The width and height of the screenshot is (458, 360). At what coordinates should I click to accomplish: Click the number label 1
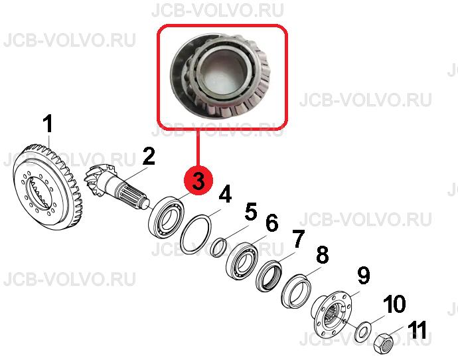point(48,124)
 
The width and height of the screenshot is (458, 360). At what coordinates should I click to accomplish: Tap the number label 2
point(149,155)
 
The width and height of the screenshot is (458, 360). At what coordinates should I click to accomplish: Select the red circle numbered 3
point(198,180)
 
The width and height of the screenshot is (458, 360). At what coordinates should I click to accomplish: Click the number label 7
point(298,238)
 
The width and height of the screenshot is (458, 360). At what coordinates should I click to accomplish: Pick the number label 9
point(363,275)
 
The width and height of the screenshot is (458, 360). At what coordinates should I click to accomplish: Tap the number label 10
point(394,304)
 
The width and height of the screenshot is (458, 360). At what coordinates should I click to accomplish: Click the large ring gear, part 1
point(48,187)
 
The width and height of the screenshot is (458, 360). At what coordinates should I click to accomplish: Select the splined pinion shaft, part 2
point(117,188)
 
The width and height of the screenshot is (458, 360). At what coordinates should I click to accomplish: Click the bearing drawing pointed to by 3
point(167,217)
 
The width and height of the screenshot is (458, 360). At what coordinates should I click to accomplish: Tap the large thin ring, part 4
point(195,234)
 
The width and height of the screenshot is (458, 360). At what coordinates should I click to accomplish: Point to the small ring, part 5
point(219,248)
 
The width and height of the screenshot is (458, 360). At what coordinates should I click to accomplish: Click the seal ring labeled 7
point(268,276)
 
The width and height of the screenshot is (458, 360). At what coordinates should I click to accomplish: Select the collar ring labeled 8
point(295,292)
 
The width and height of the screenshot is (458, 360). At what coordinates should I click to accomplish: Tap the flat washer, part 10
point(362,332)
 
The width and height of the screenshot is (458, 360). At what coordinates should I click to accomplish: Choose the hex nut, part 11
point(384,343)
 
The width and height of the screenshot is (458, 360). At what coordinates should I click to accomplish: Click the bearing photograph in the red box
point(222,76)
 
